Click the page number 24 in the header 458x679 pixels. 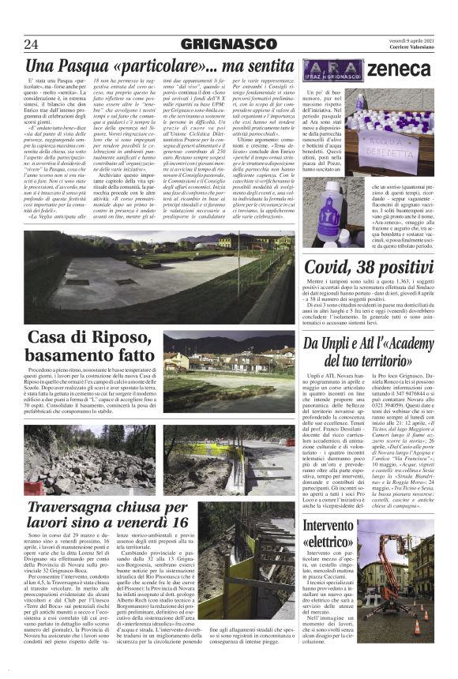(x=31, y=43)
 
